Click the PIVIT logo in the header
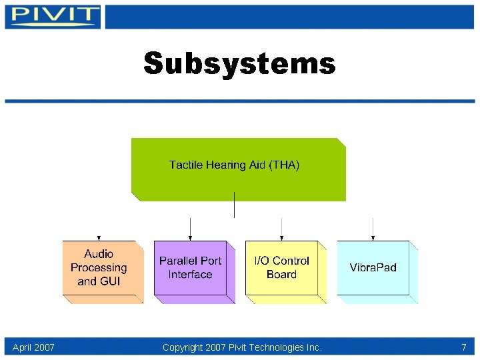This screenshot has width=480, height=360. coord(53,16)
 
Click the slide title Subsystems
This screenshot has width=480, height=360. coord(239,64)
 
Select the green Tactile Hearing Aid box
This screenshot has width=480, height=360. coord(238,169)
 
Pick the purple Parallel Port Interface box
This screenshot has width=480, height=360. coord(190,267)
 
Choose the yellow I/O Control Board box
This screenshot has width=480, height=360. coord(281,267)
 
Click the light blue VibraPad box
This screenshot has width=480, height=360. coord(373,267)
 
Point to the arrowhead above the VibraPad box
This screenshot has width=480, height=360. coord(373,238)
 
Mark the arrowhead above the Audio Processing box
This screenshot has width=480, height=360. coord(99,238)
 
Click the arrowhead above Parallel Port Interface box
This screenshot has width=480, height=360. coord(191,238)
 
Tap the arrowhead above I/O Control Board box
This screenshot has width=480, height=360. coord(282,238)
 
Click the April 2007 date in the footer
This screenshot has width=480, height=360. coord(33,347)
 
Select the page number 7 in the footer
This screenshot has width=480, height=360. coord(463,347)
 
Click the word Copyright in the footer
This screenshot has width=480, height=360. coord(183,347)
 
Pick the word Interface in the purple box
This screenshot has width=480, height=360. coord(190,275)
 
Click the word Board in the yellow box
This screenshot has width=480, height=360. coord(281,275)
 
